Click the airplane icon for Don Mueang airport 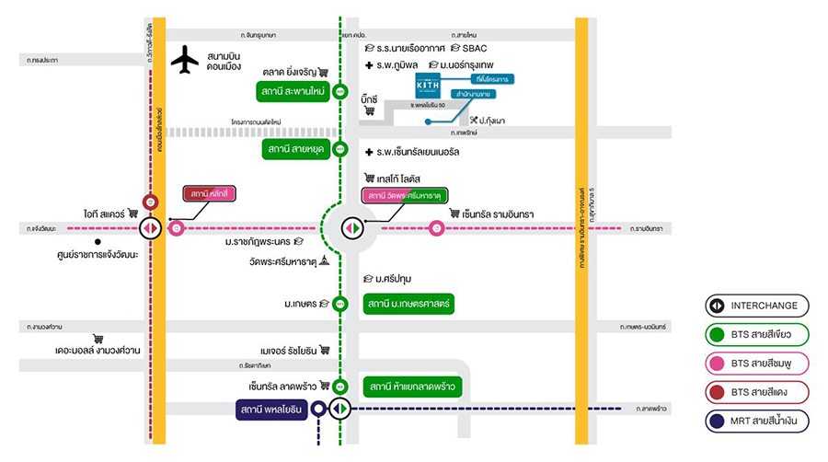click(x=185, y=60)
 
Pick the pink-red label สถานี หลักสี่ click(x=210, y=194)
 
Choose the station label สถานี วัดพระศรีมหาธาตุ click(x=404, y=196)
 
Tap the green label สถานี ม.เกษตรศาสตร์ click(x=408, y=304)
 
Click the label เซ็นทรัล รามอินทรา click(x=491, y=214)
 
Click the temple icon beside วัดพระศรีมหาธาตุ click(x=325, y=261)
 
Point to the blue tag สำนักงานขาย click(x=471, y=94)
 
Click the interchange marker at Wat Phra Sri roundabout click(x=350, y=227)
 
